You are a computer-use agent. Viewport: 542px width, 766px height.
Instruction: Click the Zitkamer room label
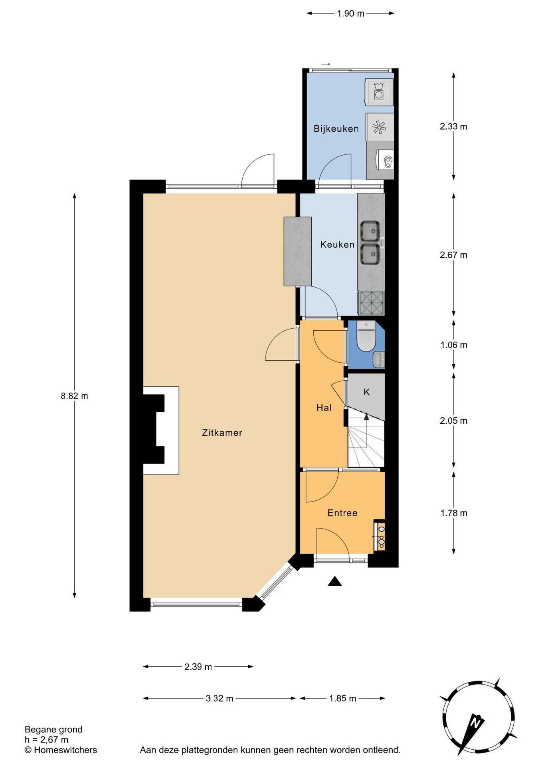point(222,432)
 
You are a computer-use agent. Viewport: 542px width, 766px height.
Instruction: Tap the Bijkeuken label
point(336,128)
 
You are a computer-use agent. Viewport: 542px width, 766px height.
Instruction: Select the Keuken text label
point(337,245)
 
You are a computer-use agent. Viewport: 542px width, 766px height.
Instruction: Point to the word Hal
point(324,408)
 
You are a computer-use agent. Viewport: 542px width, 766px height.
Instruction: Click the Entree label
point(342,513)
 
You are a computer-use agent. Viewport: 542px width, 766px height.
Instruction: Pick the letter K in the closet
point(366,392)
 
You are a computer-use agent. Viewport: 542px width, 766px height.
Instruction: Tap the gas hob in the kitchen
point(372,302)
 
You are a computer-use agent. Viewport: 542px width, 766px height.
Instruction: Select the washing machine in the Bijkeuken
point(379,92)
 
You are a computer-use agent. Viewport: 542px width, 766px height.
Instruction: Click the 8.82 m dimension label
point(74,396)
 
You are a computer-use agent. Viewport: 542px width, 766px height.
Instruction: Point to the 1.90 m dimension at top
point(350,14)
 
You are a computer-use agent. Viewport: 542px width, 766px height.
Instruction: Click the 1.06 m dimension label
point(454,345)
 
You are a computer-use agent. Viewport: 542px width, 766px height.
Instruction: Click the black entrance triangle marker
point(335,581)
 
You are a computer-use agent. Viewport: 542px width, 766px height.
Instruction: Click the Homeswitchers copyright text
point(61,750)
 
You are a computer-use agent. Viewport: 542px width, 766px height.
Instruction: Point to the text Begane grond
point(53,729)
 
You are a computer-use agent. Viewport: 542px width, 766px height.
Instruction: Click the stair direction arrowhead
point(366,417)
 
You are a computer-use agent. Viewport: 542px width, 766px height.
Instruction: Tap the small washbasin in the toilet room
point(379,360)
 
